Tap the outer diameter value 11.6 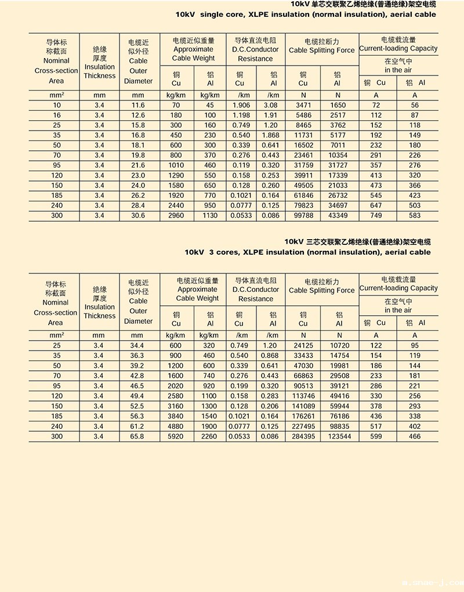pos(137,105)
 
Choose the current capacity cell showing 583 pos(415,215)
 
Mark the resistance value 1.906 pos(241,105)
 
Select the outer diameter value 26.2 pos(137,196)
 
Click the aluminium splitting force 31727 pos(338,165)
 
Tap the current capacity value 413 pos(376,175)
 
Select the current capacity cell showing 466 pos(415,436)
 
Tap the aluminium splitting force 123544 pos(339,436)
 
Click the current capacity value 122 pos(376,345)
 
